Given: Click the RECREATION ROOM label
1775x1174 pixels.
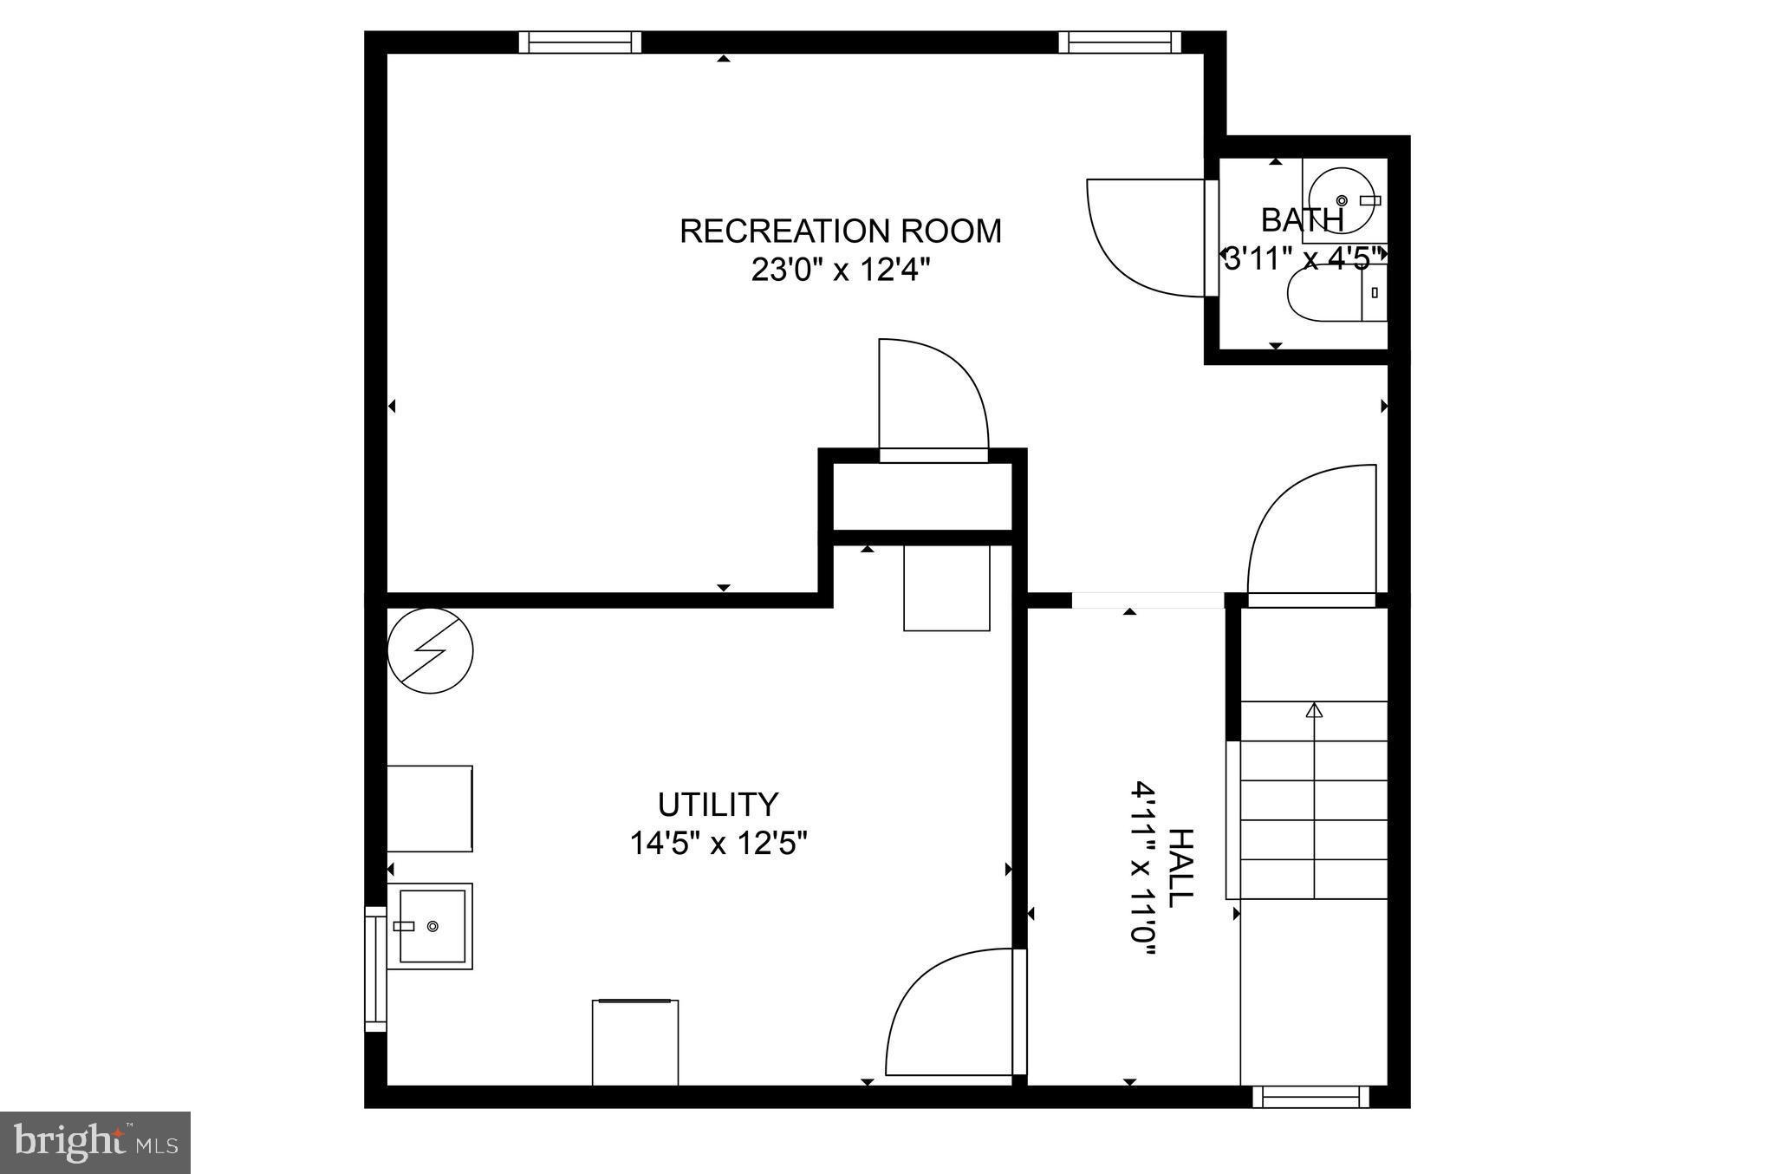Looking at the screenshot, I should pyautogui.click(x=840, y=232).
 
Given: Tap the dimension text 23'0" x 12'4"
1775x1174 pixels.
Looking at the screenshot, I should pyautogui.click(x=840, y=271).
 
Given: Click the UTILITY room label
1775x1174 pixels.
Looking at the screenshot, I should pyautogui.click(x=718, y=805).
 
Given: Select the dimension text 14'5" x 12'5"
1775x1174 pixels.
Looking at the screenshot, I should pyautogui.click(x=718, y=843).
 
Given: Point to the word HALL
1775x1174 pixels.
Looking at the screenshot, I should pyautogui.click(x=1180, y=867).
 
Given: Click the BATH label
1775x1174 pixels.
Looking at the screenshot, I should pyautogui.click(x=1302, y=220).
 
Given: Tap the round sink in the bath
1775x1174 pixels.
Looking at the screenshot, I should pyautogui.click(x=1340, y=199).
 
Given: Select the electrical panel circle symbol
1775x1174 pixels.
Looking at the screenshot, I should pyautogui.click(x=431, y=650).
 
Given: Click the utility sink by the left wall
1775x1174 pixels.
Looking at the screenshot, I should pyautogui.click(x=431, y=926).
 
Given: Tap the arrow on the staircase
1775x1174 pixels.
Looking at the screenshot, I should pyautogui.click(x=1315, y=711).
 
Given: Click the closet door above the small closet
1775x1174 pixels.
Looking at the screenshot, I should pyautogui.click(x=933, y=399).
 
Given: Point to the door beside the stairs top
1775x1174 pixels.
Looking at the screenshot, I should pyautogui.click(x=1311, y=533).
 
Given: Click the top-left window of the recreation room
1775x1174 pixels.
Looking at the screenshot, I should pyautogui.click(x=580, y=42).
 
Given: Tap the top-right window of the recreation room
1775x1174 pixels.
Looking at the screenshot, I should pyautogui.click(x=1119, y=42).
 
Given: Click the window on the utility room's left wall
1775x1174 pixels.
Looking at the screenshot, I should pyautogui.click(x=374, y=969).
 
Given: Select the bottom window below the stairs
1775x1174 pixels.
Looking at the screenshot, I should pyautogui.click(x=1310, y=1097).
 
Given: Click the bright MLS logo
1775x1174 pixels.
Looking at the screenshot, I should pyautogui.click(x=95, y=1143).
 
